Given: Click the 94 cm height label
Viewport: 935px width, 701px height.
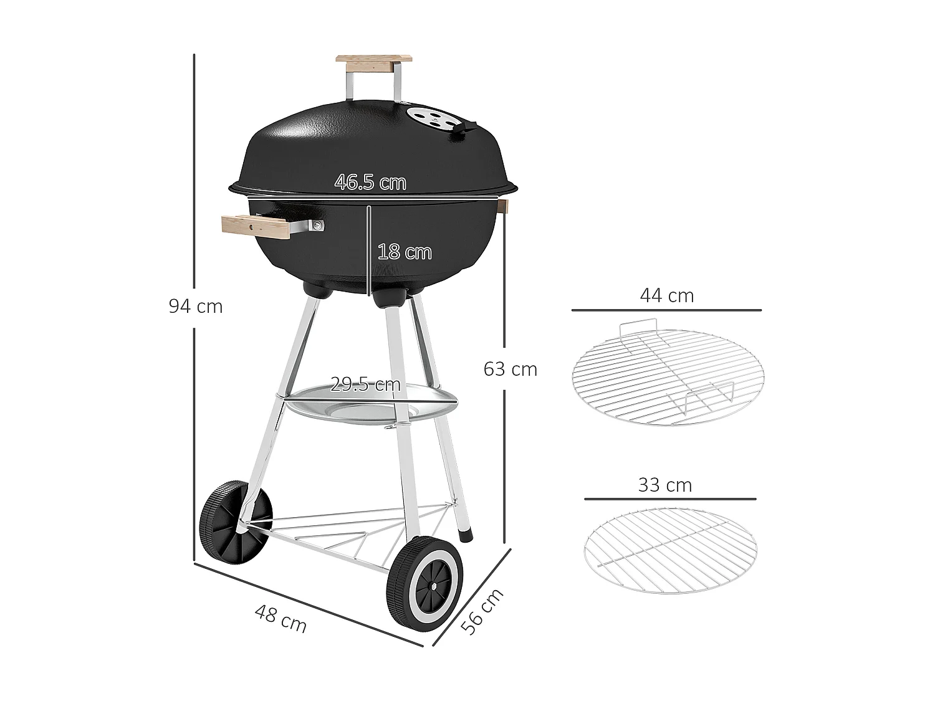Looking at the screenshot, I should (195, 307).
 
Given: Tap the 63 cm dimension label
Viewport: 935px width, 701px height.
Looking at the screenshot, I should (510, 370).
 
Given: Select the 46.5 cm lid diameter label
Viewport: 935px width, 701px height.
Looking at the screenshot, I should (370, 183).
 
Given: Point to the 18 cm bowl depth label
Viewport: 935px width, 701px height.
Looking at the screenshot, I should (404, 252).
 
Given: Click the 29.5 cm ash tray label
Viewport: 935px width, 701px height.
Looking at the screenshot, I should (365, 384).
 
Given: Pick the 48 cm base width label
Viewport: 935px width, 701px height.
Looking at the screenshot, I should (281, 619).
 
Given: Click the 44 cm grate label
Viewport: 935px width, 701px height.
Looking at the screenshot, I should (666, 295).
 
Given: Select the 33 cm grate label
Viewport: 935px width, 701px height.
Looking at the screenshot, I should (664, 485).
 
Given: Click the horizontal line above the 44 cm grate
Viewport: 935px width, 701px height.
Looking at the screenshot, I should (666, 310).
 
